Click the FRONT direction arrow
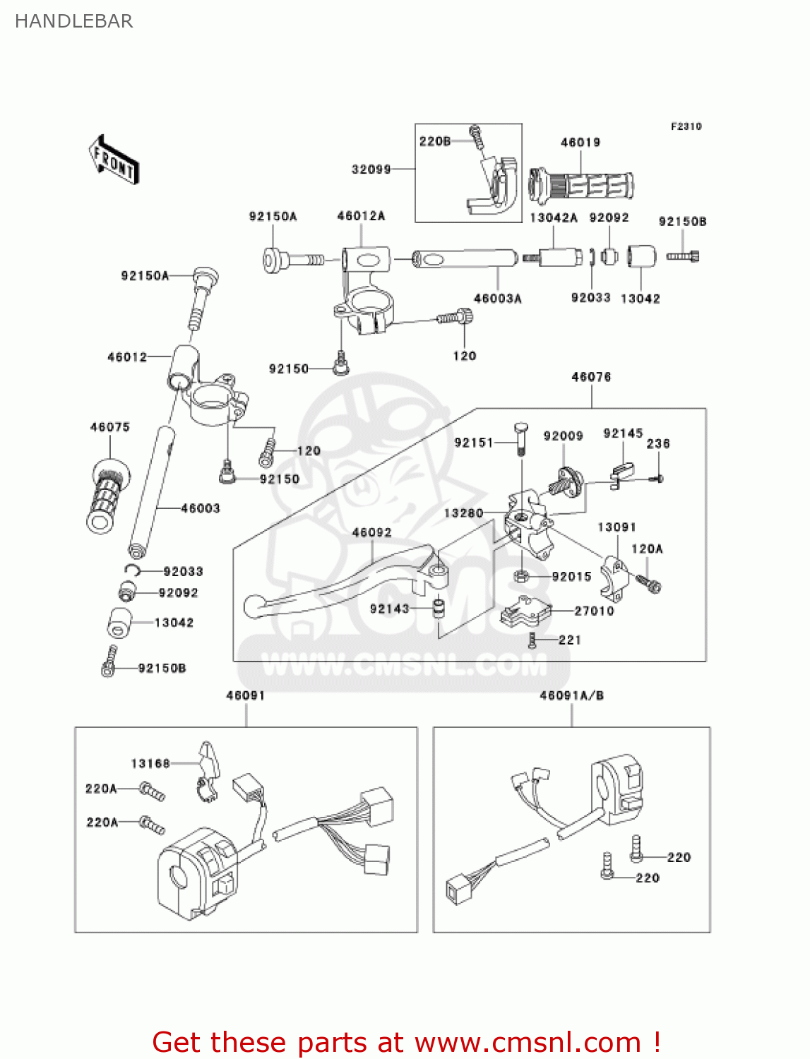click(114, 160)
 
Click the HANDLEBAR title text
click(73, 21)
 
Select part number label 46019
click(580, 143)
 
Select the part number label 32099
click(371, 169)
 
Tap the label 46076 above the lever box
click(591, 377)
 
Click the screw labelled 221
click(532, 640)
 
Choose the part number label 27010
click(594, 611)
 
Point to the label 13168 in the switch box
click(150, 763)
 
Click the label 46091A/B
click(571, 695)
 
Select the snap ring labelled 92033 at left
click(133, 570)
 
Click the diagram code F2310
click(686, 126)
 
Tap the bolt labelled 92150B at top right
click(682, 256)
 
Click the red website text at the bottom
click(406, 1042)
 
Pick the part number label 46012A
click(361, 216)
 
